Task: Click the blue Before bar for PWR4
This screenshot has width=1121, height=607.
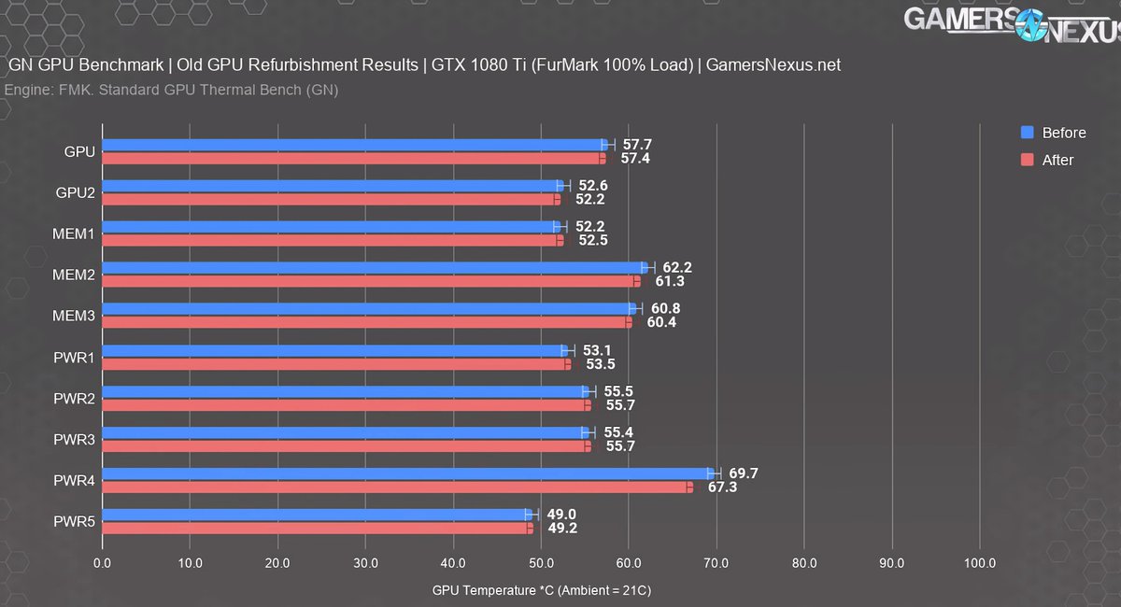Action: click(x=406, y=473)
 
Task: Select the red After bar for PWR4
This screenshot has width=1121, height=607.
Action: click(x=397, y=487)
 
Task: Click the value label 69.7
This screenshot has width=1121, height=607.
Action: click(x=743, y=473)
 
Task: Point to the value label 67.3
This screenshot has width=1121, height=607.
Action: click(x=721, y=487)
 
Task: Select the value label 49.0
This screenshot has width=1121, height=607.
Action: click(x=560, y=515)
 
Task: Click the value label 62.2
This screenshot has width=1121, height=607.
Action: click(x=675, y=268)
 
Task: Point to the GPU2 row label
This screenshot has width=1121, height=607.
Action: click(x=75, y=191)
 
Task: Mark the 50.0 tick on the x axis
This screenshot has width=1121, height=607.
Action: click(x=541, y=563)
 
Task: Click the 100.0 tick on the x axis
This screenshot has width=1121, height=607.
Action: click(x=979, y=563)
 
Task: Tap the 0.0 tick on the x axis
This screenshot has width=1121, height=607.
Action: click(x=102, y=563)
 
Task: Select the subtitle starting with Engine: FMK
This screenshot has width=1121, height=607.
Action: click(x=172, y=91)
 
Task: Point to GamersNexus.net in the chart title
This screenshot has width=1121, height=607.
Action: click(x=773, y=65)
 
